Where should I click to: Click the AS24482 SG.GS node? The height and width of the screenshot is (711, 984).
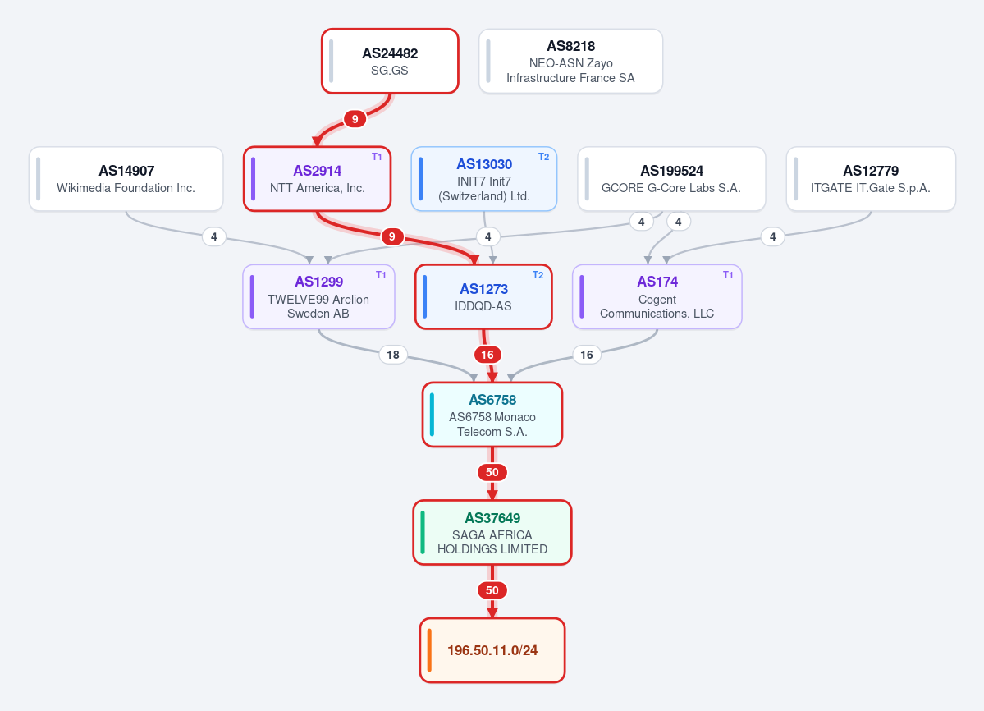390,61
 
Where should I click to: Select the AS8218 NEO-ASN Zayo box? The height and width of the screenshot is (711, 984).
570,61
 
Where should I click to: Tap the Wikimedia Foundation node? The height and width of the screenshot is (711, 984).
126,179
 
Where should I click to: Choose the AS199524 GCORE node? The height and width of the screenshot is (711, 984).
670,179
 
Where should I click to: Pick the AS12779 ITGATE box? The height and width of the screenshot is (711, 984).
871,179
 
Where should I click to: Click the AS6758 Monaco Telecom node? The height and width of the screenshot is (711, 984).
492,415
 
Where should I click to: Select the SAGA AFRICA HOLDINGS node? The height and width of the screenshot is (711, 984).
492,533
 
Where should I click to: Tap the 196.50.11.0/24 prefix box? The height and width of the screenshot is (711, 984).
492,650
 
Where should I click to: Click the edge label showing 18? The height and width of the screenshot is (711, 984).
393,355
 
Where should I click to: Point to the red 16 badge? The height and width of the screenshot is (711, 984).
487,355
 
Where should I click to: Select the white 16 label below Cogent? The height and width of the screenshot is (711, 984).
586,355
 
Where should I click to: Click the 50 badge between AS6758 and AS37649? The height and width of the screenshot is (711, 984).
492,472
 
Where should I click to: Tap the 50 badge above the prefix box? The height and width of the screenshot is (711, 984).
492,589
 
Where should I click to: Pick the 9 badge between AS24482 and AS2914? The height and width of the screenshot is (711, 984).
355,118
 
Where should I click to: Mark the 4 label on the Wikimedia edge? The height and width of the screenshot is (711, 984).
214,236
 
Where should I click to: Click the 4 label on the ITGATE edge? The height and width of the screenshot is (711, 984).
772,236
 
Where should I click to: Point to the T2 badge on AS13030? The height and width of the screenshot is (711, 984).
543,157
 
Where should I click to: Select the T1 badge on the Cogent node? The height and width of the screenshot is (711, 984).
728,275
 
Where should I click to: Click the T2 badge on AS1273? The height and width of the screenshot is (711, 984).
538,275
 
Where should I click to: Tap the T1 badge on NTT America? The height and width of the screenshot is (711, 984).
377,157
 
